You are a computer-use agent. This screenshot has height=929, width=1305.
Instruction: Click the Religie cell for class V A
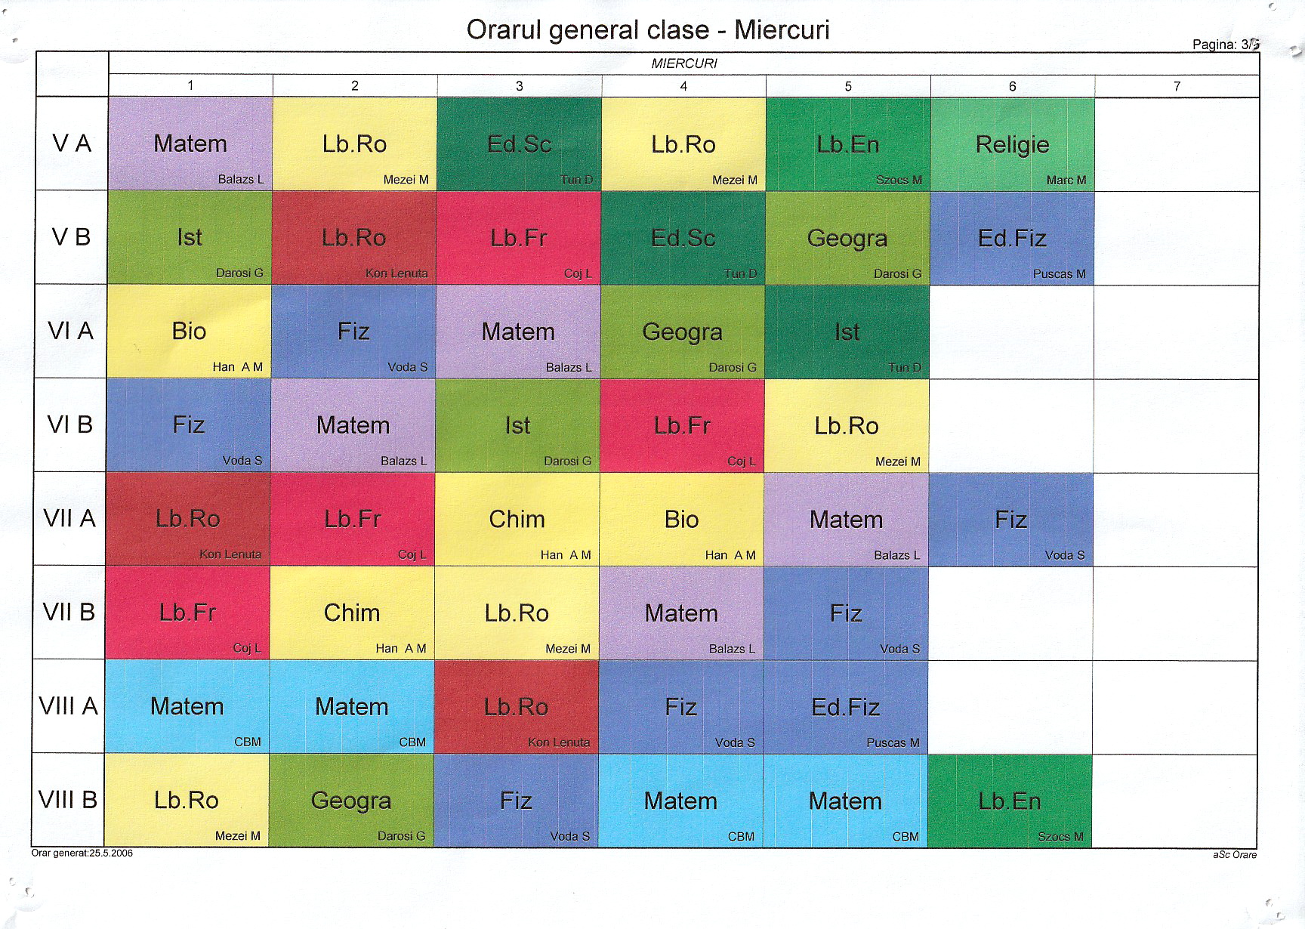(1012, 144)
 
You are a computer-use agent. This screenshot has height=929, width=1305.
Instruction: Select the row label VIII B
(68, 799)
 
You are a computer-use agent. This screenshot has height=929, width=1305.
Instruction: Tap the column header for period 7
(1177, 86)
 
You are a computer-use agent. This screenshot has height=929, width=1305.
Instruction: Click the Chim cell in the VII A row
(517, 519)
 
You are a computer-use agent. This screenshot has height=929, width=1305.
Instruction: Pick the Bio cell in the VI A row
(189, 331)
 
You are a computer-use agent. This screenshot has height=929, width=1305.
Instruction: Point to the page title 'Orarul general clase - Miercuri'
(648, 29)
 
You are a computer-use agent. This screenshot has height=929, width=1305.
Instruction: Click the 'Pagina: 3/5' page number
(1225, 45)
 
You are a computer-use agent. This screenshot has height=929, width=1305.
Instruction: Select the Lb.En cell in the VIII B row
(1010, 801)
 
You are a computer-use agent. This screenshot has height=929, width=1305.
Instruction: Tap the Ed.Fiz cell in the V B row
(1012, 238)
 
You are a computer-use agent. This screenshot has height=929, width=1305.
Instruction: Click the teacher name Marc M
(1066, 180)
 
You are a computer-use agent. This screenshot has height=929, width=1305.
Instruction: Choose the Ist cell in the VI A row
(847, 332)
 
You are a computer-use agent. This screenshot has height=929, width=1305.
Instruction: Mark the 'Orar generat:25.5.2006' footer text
(82, 853)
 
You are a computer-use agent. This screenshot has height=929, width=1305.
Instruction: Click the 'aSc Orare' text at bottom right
(1235, 855)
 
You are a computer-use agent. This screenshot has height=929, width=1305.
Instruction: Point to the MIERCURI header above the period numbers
(684, 63)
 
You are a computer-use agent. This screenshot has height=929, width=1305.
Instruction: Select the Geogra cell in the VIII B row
(351, 801)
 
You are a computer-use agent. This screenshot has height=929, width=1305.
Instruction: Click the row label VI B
(70, 424)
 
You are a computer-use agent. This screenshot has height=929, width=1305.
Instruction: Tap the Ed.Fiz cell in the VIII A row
(845, 707)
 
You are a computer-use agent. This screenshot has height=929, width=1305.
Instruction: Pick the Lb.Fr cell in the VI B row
(682, 425)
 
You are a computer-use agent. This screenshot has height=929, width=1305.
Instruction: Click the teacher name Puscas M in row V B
(1059, 273)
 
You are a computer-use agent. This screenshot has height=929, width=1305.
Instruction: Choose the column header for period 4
(683, 86)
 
